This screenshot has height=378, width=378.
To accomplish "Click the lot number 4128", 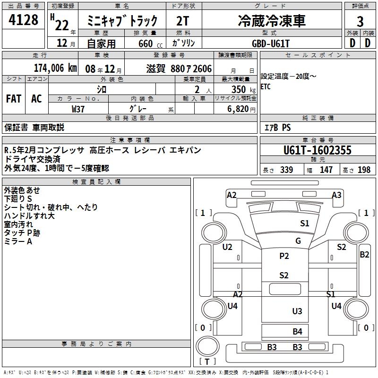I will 24,20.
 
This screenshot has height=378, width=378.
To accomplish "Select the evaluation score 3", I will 360,21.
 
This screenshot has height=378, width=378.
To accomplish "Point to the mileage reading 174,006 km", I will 55,68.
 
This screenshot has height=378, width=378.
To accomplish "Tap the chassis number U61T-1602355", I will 318,150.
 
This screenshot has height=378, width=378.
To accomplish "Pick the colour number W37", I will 78,109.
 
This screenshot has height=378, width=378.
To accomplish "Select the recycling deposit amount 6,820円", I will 241,109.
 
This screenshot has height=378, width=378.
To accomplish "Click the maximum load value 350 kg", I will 241,89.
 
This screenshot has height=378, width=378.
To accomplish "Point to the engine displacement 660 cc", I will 149,43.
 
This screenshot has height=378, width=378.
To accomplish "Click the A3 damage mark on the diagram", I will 336,195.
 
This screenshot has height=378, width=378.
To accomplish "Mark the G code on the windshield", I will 298,241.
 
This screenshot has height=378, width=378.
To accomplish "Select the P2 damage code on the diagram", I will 284,256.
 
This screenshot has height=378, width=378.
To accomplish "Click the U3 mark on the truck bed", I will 297,311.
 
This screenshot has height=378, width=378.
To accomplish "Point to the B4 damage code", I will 297,332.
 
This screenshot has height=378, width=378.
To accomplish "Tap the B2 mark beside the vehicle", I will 364,255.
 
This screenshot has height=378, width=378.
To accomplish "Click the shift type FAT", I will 14,99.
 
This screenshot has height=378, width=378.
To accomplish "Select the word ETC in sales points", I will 266,87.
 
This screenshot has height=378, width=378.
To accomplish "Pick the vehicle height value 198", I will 364,170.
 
